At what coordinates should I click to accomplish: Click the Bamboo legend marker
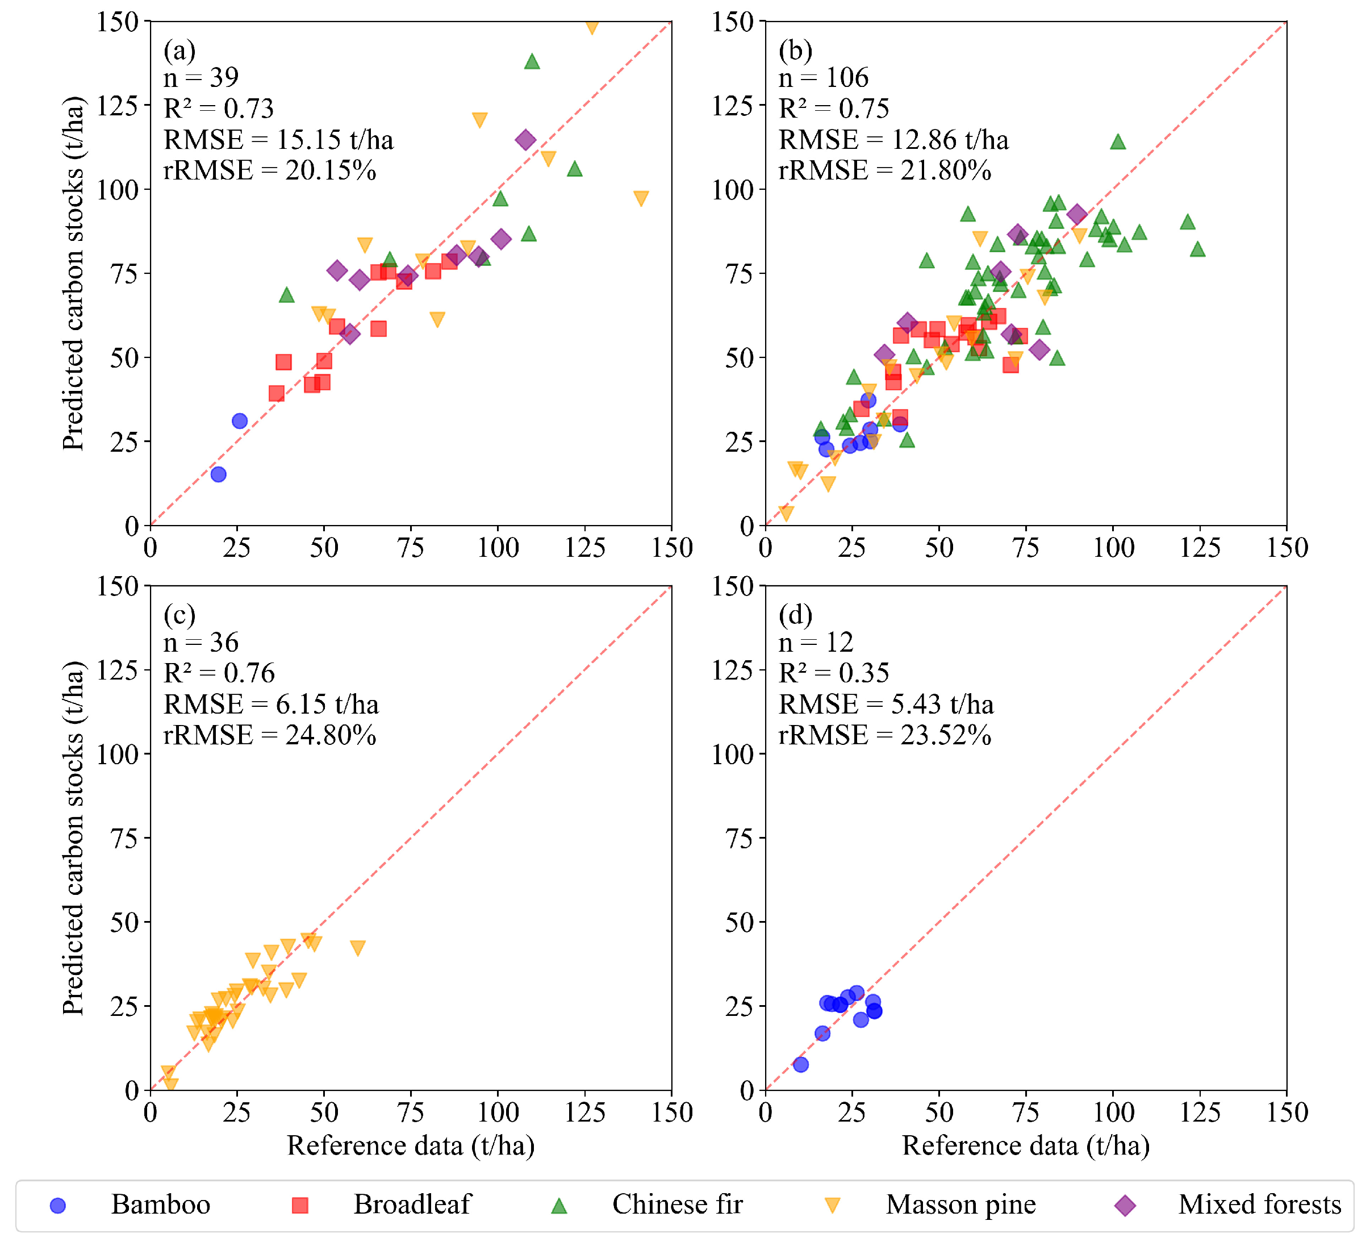point(59,1206)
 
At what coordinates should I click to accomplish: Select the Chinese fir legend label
point(678,1205)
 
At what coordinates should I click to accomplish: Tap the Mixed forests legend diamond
point(1126,1206)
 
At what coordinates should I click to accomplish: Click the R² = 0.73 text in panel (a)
point(219,109)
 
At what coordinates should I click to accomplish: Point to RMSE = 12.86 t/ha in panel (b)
point(893,140)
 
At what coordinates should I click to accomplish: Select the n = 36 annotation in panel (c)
point(201,643)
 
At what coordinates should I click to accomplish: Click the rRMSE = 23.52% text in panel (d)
point(885,735)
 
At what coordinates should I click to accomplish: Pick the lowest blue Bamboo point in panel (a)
point(218,474)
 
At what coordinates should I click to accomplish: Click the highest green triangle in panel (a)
point(532,62)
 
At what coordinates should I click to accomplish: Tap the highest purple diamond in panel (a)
point(525,140)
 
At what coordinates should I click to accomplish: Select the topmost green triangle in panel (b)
point(1118,142)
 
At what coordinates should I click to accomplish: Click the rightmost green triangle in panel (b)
point(1198,249)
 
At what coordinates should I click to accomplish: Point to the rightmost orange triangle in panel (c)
point(357,948)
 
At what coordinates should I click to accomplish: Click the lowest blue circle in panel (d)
point(801,1064)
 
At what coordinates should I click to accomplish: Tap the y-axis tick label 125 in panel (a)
point(118,106)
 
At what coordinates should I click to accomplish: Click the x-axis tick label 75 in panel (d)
point(1026,1112)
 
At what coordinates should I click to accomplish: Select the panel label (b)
point(796,51)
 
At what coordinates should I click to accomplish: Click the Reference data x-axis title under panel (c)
point(411,1146)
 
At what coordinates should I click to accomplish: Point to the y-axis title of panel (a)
point(73,273)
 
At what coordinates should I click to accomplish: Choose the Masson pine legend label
point(961,1205)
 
